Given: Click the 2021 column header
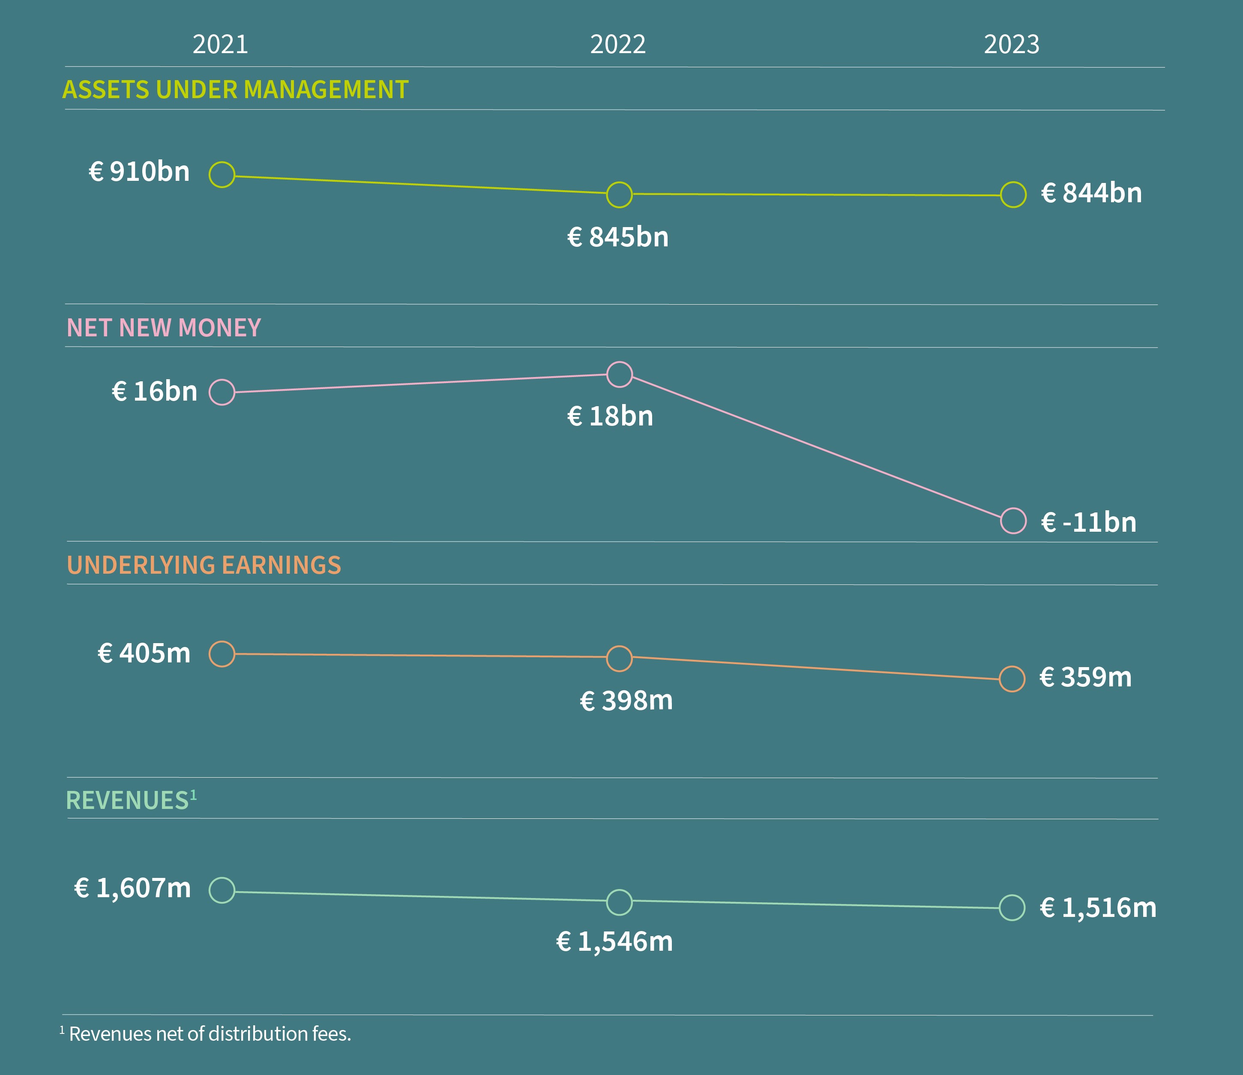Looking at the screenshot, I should coord(220,45).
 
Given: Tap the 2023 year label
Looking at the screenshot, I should coord(1012,45).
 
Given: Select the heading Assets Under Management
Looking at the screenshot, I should coord(235,90).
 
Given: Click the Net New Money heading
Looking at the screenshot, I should coord(164,327).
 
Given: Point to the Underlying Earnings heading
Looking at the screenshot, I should coord(204,565).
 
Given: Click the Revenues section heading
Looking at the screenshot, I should coord(127,801).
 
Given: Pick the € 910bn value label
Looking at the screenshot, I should coord(139,171).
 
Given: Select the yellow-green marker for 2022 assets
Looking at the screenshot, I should coord(619,195).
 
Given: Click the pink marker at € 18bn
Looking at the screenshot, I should coord(619,374).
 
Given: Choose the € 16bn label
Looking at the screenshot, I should coord(155,391).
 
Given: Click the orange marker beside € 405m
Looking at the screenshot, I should coord(222,654).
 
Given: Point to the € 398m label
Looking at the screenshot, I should coord(626,701).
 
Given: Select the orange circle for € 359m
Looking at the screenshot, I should coord(1012,679).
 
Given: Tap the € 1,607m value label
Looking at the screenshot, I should coord(132,888).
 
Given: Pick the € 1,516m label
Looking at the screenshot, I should coord(1098,907).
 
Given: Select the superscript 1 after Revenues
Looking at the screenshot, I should coord(193,795).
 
